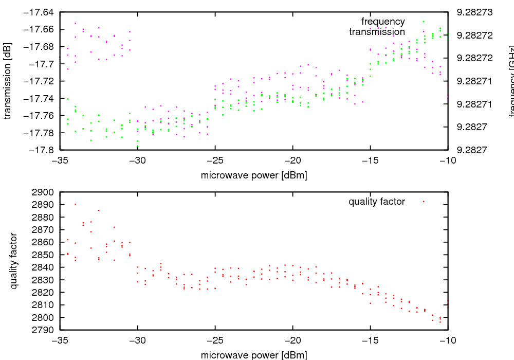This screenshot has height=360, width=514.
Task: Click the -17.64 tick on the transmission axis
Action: (42, 12)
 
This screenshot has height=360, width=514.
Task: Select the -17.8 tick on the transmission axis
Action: (42, 150)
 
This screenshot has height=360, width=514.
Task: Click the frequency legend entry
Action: (383, 22)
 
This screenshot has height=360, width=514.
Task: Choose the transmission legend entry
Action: (377, 32)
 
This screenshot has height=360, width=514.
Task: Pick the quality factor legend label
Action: (376, 202)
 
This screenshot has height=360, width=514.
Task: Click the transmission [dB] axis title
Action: (7, 81)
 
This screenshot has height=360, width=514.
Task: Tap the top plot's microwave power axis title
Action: (254, 175)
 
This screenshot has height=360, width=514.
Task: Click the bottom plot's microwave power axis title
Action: (254, 355)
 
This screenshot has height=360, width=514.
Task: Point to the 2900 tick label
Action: (43, 192)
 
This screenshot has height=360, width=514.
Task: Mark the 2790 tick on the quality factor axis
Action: (43, 330)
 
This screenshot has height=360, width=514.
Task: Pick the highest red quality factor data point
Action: (76, 204)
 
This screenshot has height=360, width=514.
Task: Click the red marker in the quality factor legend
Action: (423, 202)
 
